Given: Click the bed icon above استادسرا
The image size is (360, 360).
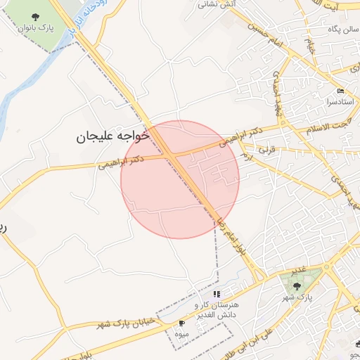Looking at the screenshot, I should click(x=340, y=91).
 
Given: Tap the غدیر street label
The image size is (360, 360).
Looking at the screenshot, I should click(x=299, y=270).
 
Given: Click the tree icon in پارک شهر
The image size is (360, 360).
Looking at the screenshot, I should click(x=296, y=285).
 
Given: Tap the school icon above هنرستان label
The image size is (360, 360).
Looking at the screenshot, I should click(x=217, y=294).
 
